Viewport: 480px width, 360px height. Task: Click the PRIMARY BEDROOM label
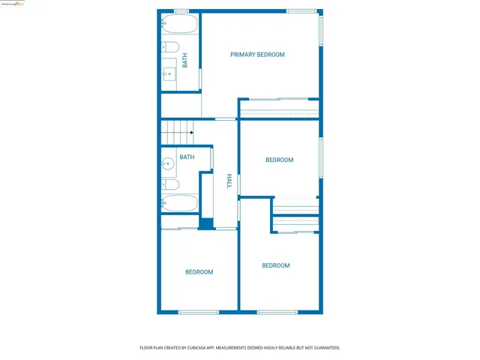pyautogui.click(x=257, y=55)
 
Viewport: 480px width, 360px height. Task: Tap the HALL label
pyautogui.click(x=229, y=181)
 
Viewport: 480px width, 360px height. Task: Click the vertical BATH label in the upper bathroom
pyautogui.click(x=185, y=60)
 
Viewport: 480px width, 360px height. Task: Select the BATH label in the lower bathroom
pyautogui.click(x=187, y=157)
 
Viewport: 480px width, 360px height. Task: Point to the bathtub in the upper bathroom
pyautogui.click(x=180, y=24)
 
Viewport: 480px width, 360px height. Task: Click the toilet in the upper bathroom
pyautogui.click(x=170, y=49)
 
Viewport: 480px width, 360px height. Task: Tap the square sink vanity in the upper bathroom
pyautogui.click(x=169, y=73)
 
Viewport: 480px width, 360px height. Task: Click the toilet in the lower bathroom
pyautogui.click(x=170, y=184)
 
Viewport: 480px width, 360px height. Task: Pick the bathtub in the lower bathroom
pyautogui.click(x=180, y=202)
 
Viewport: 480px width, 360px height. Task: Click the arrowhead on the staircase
pyautogui.click(x=192, y=133)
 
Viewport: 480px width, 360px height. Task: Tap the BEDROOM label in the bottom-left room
pyautogui.click(x=199, y=272)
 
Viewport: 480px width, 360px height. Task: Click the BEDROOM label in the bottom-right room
pyautogui.click(x=275, y=265)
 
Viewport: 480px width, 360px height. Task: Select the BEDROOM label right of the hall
pyautogui.click(x=279, y=160)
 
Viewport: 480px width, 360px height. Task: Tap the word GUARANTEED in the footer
pyautogui.click(x=323, y=348)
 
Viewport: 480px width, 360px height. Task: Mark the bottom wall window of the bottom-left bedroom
pyautogui.click(x=199, y=312)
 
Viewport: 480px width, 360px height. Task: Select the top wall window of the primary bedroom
pyautogui.click(x=301, y=11)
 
